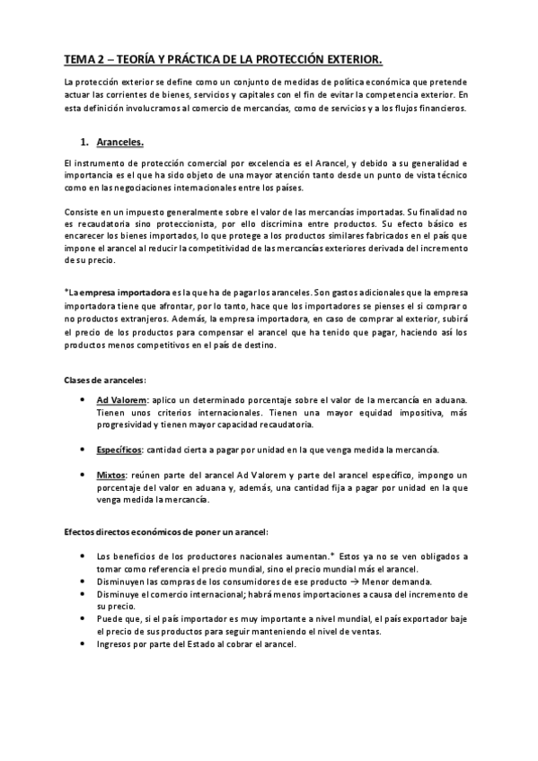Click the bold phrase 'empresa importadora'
[x=125, y=292]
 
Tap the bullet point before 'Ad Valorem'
[x=83, y=398]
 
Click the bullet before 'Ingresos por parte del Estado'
[x=83, y=643]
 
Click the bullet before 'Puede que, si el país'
[x=83, y=618]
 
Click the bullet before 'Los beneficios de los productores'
[x=83, y=556]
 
